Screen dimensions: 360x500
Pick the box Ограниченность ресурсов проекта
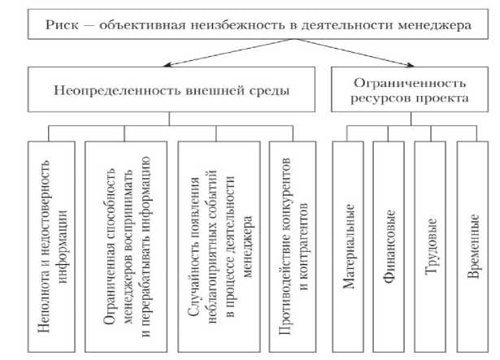pos(411,89)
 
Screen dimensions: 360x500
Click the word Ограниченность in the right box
pos(411,82)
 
